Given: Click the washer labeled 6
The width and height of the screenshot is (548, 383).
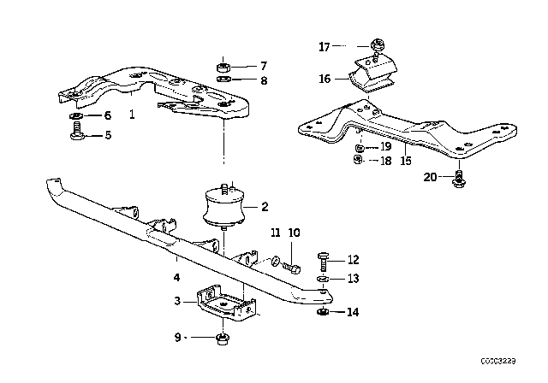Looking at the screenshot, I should click(76, 115).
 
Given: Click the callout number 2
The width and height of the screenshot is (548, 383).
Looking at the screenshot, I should click(265, 206).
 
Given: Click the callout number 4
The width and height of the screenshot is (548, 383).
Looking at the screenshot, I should click(175, 277).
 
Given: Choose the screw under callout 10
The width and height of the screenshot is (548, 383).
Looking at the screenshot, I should click(293, 268).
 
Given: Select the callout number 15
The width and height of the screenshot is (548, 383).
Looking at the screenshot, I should click(406, 161).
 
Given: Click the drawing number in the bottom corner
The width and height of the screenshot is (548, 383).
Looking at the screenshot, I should click(521, 374).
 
